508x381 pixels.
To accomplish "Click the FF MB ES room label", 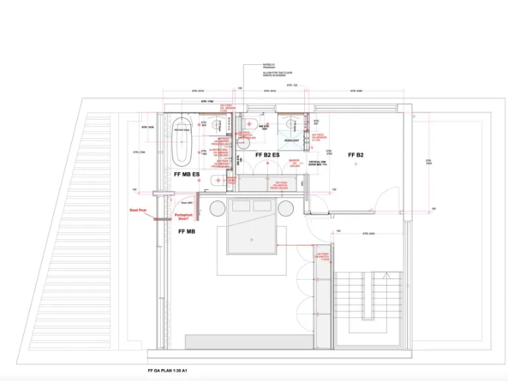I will point(187,174).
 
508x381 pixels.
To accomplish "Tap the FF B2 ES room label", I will point(269,155).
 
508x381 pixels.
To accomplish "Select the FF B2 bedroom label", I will point(356,155).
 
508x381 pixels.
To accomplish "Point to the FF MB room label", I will point(187,232).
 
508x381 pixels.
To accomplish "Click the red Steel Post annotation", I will point(138,212).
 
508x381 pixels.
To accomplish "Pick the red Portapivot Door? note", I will point(183,216).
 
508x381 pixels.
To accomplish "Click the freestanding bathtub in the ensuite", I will point(181,142).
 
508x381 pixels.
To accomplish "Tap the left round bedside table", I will point(219,209).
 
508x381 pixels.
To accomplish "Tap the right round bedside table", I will point(285,209).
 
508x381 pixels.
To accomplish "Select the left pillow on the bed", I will point(239,206).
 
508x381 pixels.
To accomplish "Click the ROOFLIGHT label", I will point(292,141).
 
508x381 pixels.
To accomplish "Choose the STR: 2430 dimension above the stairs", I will point(368,233).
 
